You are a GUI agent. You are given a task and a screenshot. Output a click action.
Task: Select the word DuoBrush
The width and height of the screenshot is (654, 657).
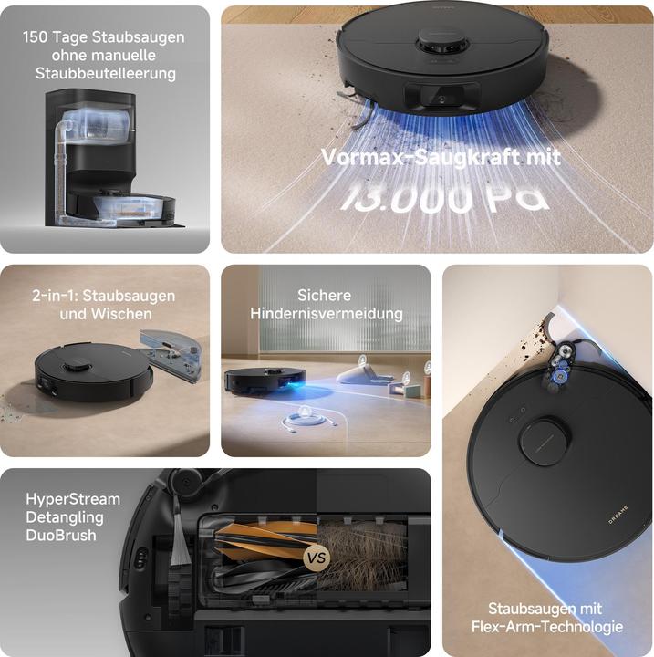[61, 536]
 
